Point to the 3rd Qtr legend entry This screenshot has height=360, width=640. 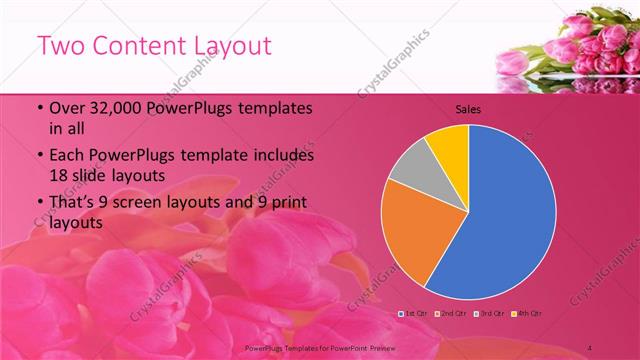pyautogui.click(x=490, y=314)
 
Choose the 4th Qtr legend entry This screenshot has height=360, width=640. pyautogui.click(x=527, y=314)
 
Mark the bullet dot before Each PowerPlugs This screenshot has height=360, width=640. pyautogui.click(x=39, y=157)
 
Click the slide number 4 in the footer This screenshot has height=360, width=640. pyautogui.click(x=589, y=347)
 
